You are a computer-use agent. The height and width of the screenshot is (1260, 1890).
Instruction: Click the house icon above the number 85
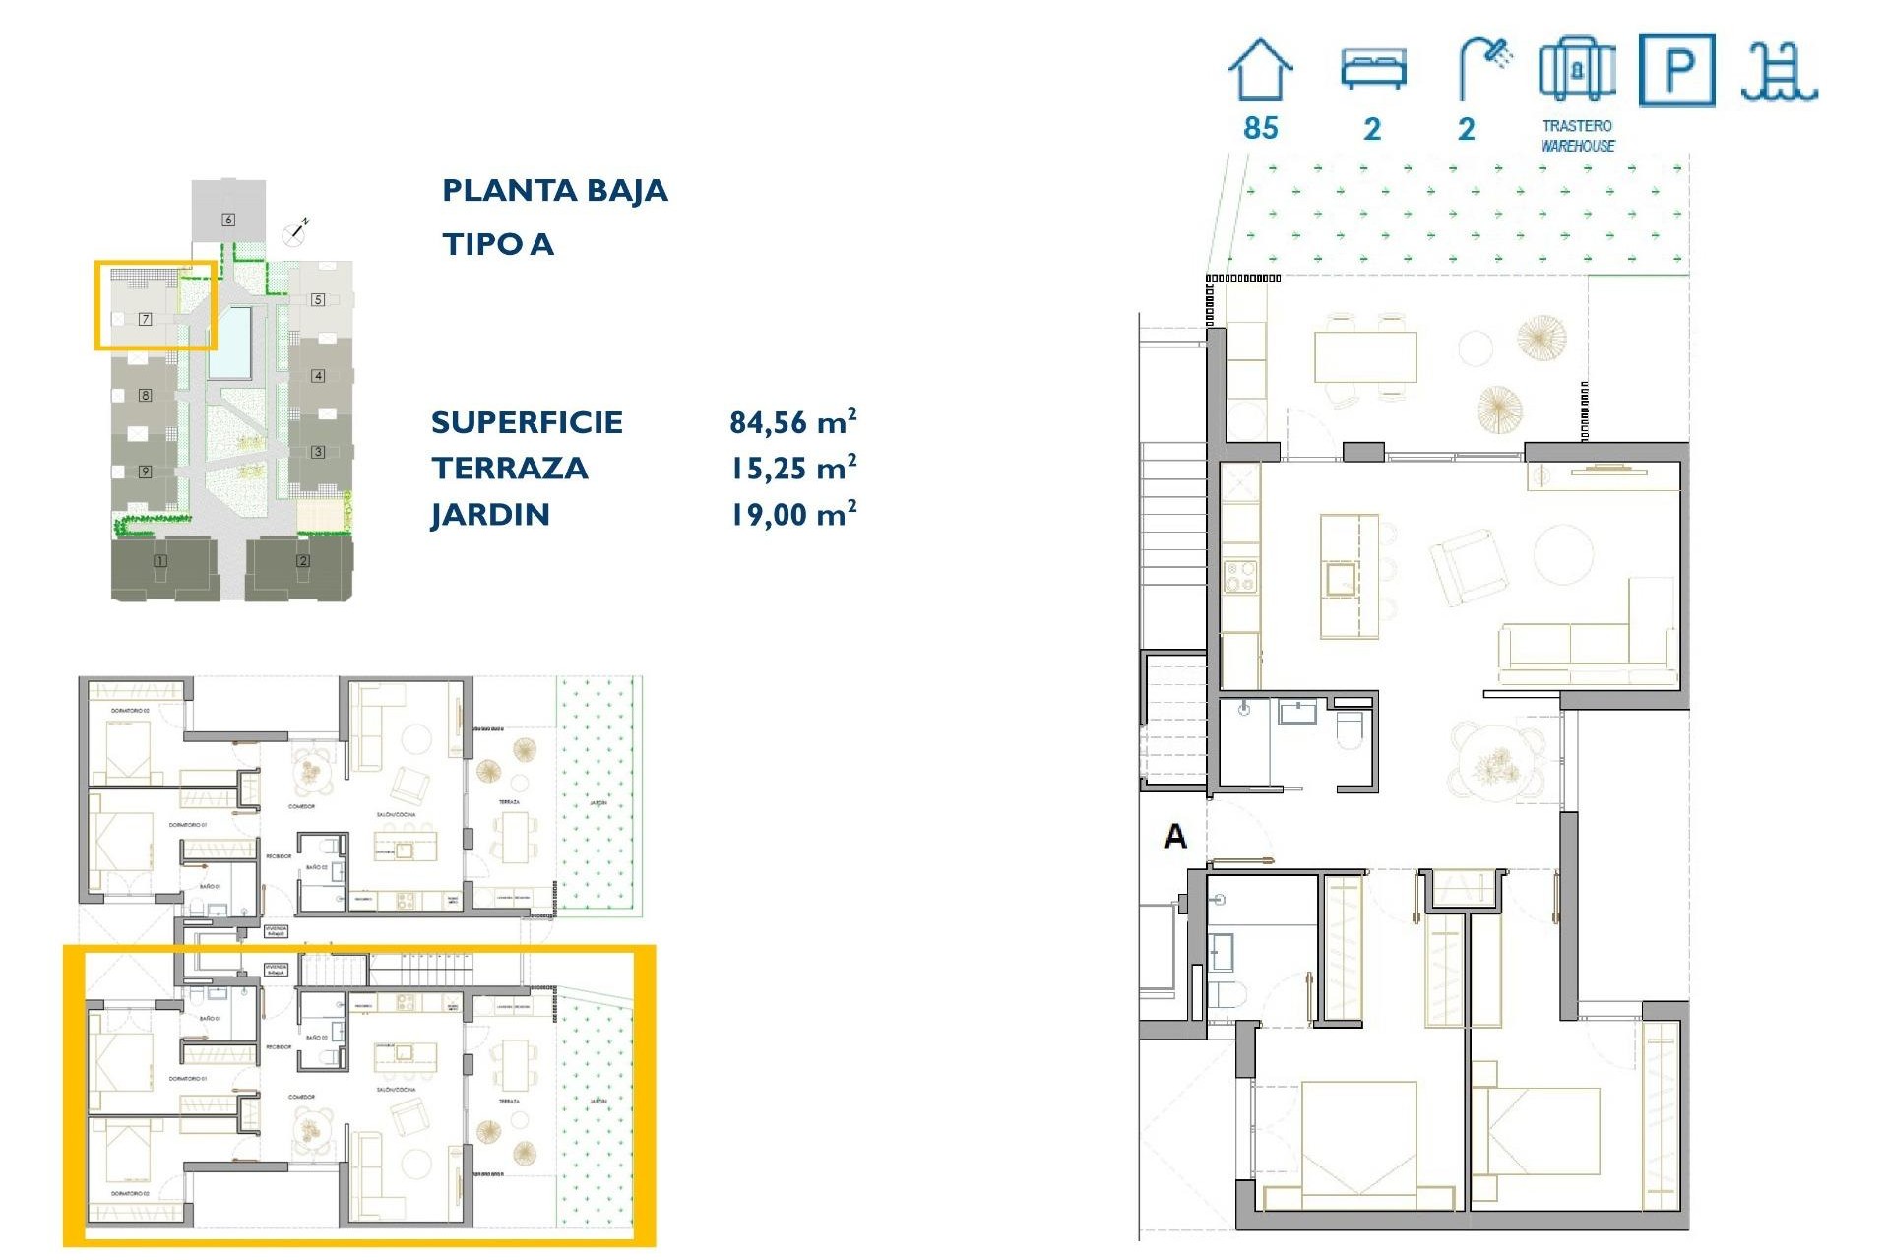pyautogui.click(x=1260, y=70)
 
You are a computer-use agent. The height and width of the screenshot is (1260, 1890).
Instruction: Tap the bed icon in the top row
pyautogui.click(x=1373, y=70)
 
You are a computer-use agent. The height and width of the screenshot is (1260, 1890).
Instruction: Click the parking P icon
pyautogui.click(x=1676, y=70)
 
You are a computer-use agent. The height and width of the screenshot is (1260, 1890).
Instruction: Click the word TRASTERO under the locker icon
pyautogui.click(x=1577, y=126)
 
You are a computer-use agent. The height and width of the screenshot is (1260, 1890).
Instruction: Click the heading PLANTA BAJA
pyautogui.click(x=554, y=190)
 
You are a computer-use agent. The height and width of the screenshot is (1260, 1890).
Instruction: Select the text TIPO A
pyautogui.click(x=497, y=244)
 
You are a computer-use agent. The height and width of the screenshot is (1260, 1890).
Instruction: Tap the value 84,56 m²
pyautogui.click(x=792, y=422)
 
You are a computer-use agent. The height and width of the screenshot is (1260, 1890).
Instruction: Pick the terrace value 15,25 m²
pyautogui.click(x=792, y=469)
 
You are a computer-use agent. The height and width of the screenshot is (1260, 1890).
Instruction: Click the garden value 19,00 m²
pyautogui.click(x=792, y=515)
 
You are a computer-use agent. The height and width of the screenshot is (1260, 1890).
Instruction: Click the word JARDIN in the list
pyautogui.click(x=490, y=515)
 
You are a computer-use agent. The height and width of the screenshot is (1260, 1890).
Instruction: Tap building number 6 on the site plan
pyautogui.click(x=228, y=219)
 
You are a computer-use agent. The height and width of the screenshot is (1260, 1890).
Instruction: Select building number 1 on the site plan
pyautogui.click(x=159, y=561)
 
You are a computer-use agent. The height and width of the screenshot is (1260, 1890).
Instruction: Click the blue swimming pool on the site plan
pyautogui.click(x=229, y=342)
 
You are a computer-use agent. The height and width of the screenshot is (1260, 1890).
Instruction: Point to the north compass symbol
pyautogui.click(x=295, y=232)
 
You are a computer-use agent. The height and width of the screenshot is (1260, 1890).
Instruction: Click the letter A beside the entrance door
pyautogui.click(x=1175, y=837)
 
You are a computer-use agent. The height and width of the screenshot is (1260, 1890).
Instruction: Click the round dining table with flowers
pyautogui.click(x=1496, y=763)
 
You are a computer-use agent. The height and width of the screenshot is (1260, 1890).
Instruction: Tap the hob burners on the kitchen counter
pyautogui.click(x=1239, y=577)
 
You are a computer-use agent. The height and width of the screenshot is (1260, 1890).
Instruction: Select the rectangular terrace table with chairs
pyautogui.click(x=1365, y=357)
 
